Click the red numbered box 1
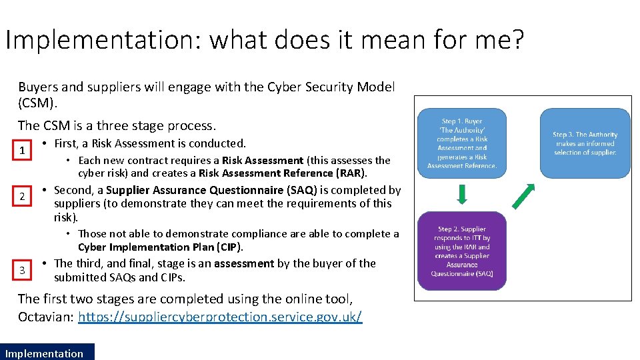tap(22, 151)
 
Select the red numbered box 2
tap(22, 197)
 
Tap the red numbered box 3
tap(22, 270)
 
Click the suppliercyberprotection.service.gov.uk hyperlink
tap(220, 317)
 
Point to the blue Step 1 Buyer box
tap(462, 143)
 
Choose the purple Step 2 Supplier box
tap(462, 251)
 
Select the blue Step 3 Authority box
tap(585, 143)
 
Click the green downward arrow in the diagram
tap(462, 194)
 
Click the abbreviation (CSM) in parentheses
tap(39, 104)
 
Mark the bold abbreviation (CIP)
tap(229, 247)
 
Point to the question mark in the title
tap(517, 41)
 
